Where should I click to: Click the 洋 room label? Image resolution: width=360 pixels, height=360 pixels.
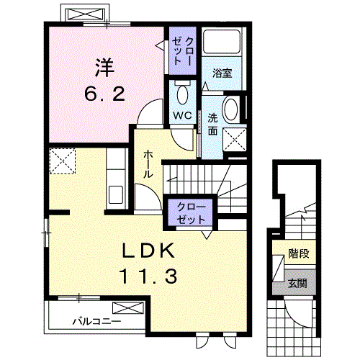[105, 68]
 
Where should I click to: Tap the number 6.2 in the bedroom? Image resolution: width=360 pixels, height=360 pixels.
[105, 94]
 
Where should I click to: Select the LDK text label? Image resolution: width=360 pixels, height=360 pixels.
[148, 251]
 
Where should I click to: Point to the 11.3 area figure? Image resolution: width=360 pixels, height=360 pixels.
[148, 276]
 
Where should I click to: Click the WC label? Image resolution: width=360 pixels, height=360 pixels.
[182, 116]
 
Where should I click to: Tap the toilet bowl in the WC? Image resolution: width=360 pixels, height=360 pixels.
[182, 94]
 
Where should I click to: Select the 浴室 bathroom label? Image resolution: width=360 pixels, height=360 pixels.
[222, 73]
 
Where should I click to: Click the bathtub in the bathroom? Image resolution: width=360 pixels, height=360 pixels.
[222, 42]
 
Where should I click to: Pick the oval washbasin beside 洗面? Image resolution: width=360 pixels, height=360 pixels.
[230, 109]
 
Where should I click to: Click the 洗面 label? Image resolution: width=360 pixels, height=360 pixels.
[212, 125]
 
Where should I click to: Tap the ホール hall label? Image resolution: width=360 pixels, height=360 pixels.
[148, 164]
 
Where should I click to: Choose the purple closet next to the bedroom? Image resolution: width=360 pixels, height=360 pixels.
[183, 50]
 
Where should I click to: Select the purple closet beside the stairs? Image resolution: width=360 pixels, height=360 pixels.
[190, 212]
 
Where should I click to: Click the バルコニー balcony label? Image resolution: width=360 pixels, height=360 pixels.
[96, 321]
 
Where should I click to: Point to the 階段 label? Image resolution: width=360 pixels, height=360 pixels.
[298, 253]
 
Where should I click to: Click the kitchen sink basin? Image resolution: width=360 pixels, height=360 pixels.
[116, 194]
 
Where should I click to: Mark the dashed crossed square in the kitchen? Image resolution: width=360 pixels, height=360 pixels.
[63, 161]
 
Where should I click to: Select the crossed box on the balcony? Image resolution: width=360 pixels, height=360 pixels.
[128, 308]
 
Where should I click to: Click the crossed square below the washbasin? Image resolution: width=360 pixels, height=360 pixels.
[235, 140]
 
